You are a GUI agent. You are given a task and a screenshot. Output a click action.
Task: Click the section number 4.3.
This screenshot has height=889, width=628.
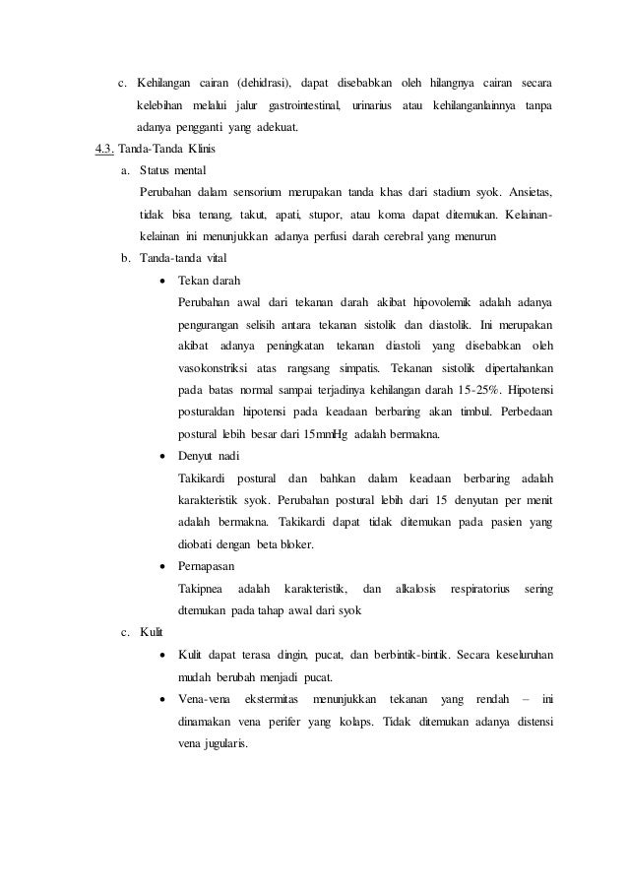[103, 150]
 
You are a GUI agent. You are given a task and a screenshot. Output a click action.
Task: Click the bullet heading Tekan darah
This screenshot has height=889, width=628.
[208, 281]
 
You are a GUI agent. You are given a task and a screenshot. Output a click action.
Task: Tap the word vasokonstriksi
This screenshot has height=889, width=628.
[213, 367]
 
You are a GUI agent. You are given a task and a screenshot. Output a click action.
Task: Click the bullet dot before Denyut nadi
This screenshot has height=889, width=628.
[161, 456]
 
